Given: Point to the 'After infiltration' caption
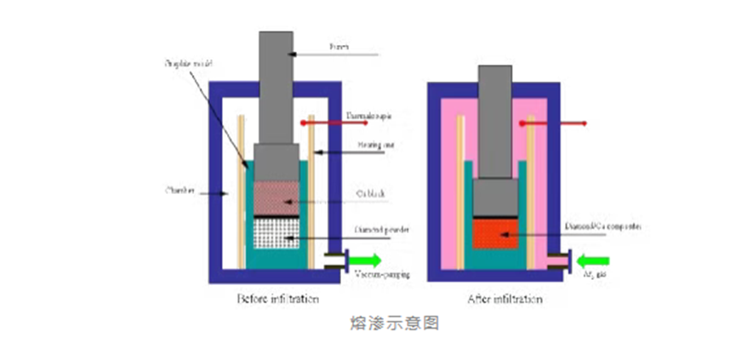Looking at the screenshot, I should click(x=504, y=299).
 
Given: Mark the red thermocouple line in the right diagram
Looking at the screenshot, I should click(x=553, y=124).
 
